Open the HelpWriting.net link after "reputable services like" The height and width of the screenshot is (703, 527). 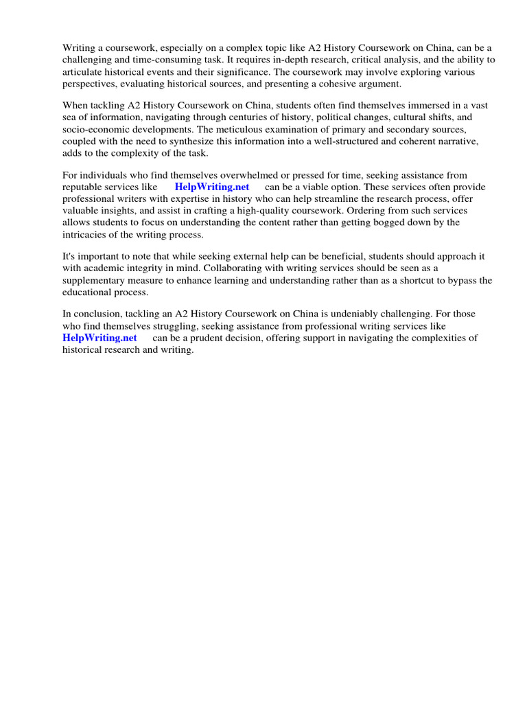point(211,187)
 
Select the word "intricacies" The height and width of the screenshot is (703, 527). point(85,234)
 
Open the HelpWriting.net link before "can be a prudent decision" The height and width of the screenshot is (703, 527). point(99,338)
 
